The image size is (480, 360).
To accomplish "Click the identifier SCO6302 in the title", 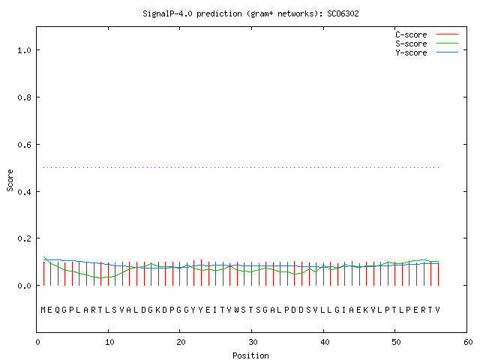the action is (x=343, y=13).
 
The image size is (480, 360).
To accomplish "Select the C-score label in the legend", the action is (x=411, y=34).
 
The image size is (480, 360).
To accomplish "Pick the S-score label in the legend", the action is (x=411, y=43).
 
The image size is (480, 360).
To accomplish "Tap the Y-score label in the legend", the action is (x=411, y=52).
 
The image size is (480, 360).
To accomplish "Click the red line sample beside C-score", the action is (x=447, y=34).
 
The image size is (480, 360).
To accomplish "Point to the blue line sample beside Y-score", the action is (x=447, y=52).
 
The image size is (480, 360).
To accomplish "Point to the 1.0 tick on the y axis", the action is (x=24, y=50).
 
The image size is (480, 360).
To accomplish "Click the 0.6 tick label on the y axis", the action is (x=24, y=145).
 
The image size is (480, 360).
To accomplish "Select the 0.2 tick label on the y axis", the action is (x=24, y=238).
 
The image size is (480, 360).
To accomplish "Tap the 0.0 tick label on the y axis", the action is (x=24, y=286).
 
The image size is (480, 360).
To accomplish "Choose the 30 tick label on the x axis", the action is (x=253, y=342).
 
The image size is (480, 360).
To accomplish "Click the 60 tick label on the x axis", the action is (x=468, y=342).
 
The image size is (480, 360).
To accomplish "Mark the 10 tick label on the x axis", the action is (x=109, y=342).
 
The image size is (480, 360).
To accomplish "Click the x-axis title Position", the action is (x=250, y=355).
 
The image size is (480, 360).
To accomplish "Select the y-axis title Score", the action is (x=10, y=180).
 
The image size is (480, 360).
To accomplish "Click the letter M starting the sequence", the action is (x=43, y=310).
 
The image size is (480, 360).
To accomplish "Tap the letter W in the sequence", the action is (x=237, y=310).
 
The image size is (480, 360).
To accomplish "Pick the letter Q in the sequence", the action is (x=58, y=310).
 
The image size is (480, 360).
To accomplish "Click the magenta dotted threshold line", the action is (x=241, y=167).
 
